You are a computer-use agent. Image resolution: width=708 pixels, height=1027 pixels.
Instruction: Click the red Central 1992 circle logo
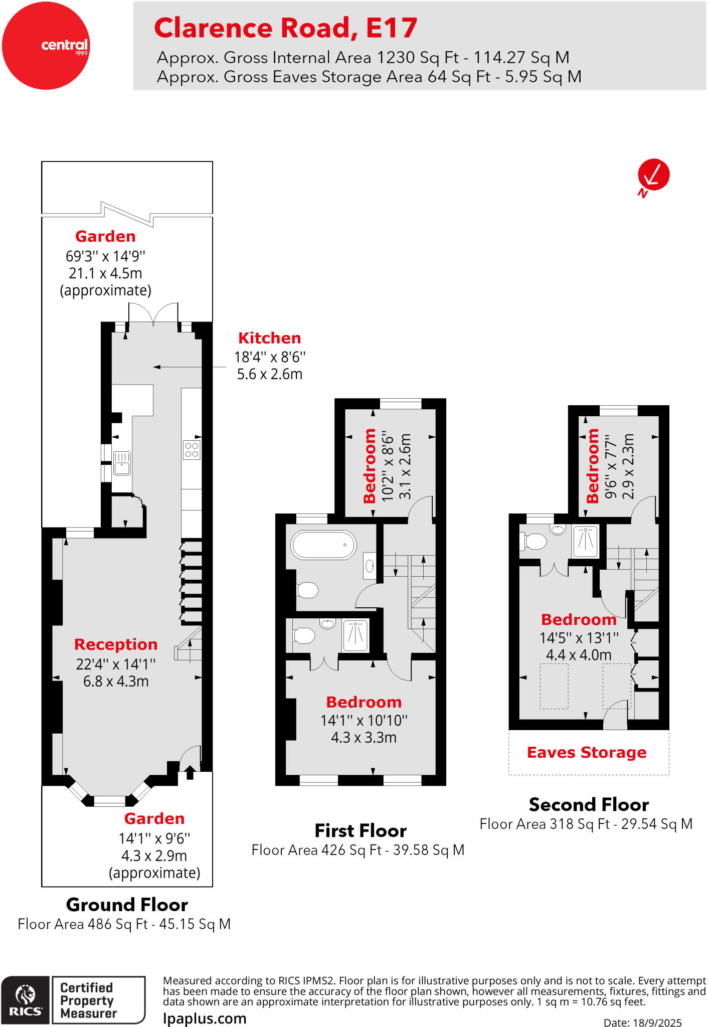[x=46, y=46]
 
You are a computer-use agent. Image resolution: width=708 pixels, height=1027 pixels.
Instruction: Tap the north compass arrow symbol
[x=653, y=176]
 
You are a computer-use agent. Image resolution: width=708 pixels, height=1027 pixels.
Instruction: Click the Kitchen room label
[x=269, y=338]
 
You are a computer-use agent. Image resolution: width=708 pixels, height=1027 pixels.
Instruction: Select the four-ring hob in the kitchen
[x=192, y=450]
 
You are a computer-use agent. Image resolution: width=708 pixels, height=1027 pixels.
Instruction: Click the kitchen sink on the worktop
[x=122, y=463]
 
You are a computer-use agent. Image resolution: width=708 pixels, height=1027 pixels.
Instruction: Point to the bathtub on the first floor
[x=323, y=545]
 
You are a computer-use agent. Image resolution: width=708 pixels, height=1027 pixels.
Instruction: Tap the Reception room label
[x=116, y=644]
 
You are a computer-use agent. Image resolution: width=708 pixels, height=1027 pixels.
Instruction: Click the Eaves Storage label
[x=586, y=752]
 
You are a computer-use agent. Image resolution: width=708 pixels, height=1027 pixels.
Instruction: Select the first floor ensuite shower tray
[x=356, y=635]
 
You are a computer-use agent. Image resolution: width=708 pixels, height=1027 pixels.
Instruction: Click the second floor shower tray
[x=585, y=541]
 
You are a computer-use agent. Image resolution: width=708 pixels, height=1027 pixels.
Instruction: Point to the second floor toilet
[x=535, y=542]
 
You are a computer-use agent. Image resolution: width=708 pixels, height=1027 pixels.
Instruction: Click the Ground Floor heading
[x=127, y=905]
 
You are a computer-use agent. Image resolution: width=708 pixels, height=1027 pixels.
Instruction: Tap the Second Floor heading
[x=589, y=805]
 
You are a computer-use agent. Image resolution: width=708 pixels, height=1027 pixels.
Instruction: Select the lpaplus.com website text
[x=205, y=1018]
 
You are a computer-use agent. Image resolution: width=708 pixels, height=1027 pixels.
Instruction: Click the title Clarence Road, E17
[x=285, y=28]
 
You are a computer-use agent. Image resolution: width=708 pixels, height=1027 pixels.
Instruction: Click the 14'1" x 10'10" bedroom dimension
[x=364, y=721]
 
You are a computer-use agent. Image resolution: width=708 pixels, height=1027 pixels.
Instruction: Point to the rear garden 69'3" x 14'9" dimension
[x=105, y=256]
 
